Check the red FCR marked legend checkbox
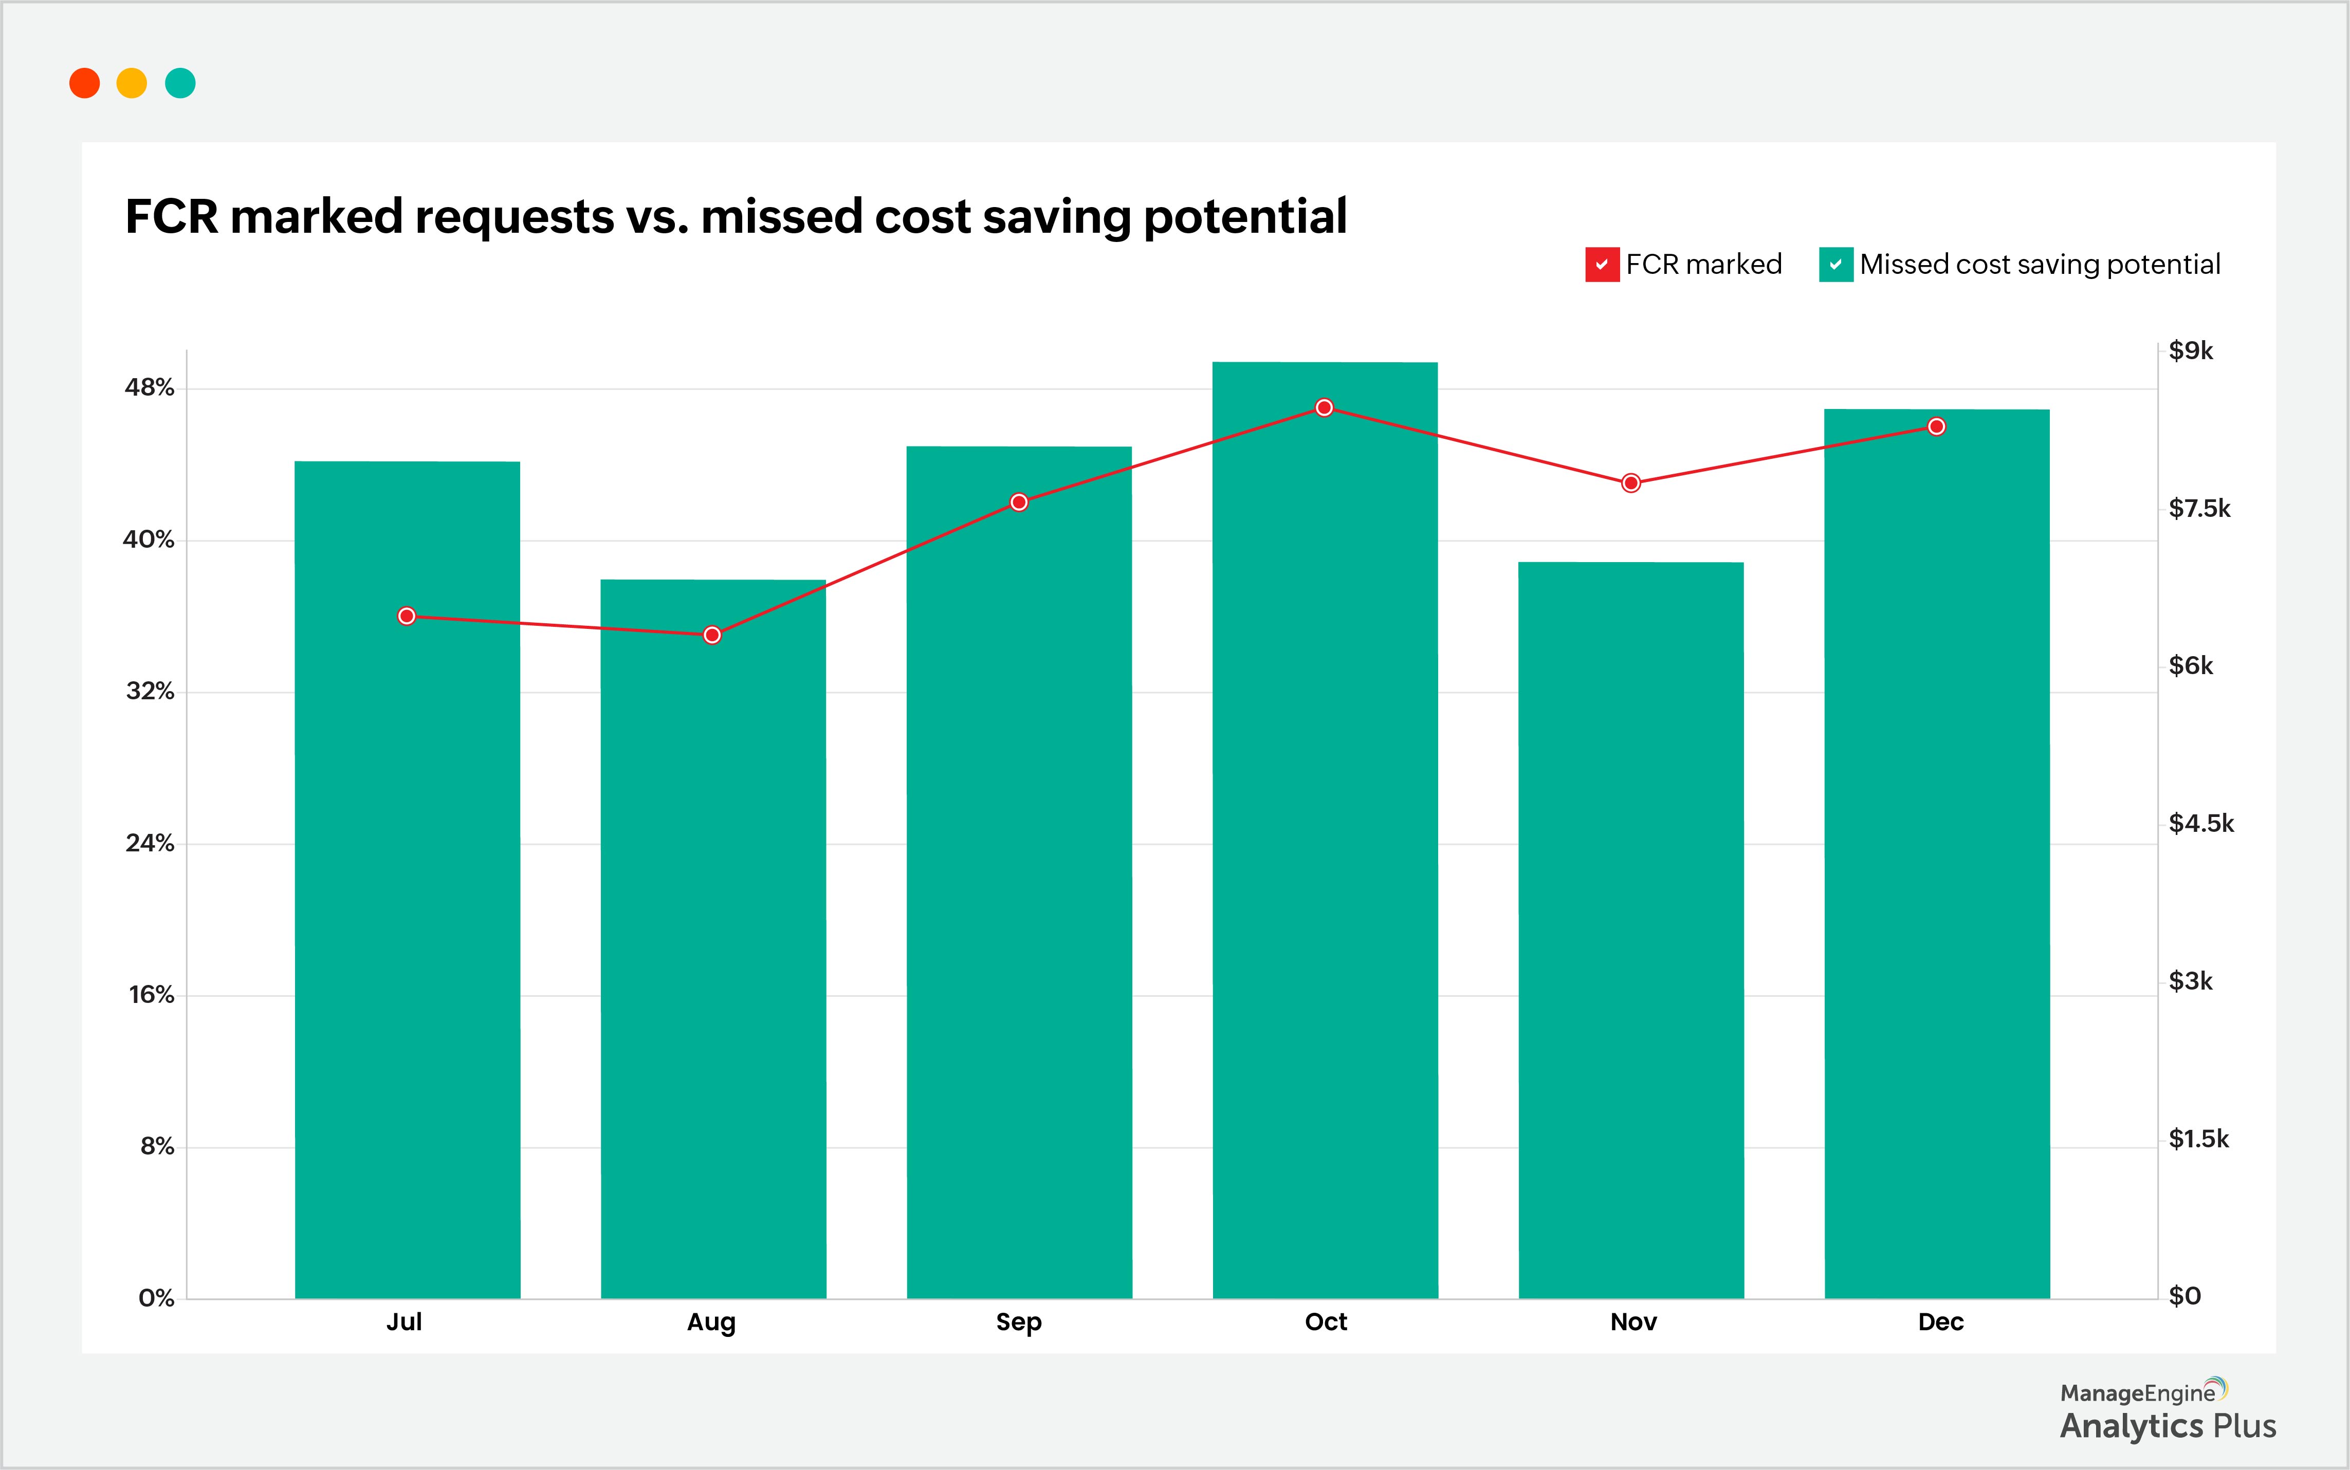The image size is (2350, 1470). click(x=1601, y=265)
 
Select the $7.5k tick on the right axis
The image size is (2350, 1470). click(x=2199, y=509)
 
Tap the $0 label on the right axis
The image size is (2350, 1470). click(x=2184, y=1296)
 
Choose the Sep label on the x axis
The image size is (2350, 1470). click(x=1019, y=1322)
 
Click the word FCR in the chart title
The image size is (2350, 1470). click(x=172, y=216)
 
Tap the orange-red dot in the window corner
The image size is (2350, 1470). click(x=85, y=84)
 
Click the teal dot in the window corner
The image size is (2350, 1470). click(x=180, y=84)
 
